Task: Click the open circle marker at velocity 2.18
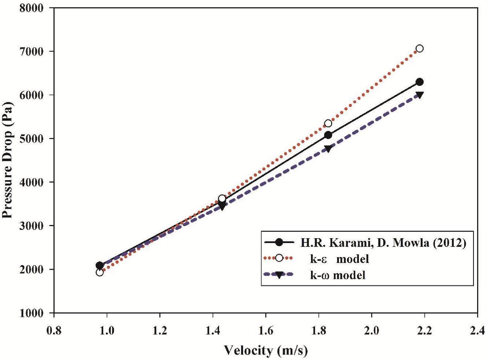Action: [x=419, y=48]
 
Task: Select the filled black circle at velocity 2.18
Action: [x=419, y=82]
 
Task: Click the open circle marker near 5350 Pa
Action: [x=328, y=123]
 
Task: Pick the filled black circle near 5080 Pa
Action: [x=328, y=135]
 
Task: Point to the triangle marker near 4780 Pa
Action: [x=328, y=148]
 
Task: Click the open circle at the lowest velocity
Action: [x=100, y=273]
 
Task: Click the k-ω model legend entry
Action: [x=336, y=276]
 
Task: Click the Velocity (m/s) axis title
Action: [x=266, y=350]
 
